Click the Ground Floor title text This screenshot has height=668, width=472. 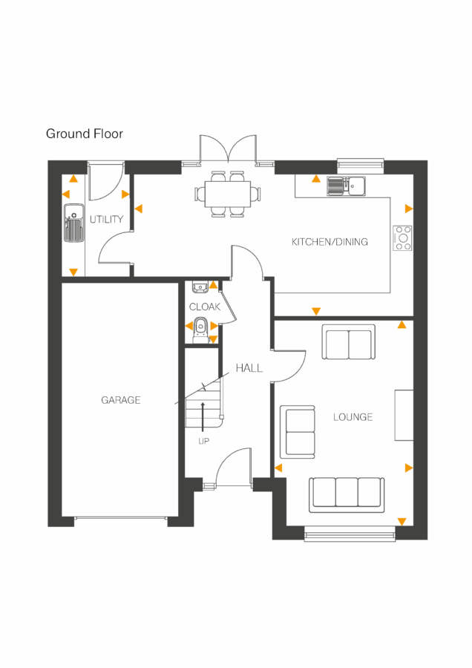85,134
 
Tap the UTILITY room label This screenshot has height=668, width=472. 106,220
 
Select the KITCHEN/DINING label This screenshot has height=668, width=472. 330,242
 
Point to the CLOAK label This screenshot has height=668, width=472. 204,307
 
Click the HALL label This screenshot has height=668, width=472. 249,367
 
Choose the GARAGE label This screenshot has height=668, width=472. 121,400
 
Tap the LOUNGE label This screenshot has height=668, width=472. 353,417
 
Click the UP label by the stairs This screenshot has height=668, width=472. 203,442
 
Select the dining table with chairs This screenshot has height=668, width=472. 227,194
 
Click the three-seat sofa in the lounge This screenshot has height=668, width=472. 347,492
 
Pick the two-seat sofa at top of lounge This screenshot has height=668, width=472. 348,342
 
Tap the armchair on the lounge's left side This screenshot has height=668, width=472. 297,431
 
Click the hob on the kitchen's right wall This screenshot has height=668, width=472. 402,238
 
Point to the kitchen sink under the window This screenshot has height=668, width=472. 345,186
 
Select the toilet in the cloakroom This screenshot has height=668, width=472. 200,327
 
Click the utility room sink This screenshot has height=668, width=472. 74,225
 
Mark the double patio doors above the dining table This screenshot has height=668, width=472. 226,150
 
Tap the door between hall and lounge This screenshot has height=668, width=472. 292,366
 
